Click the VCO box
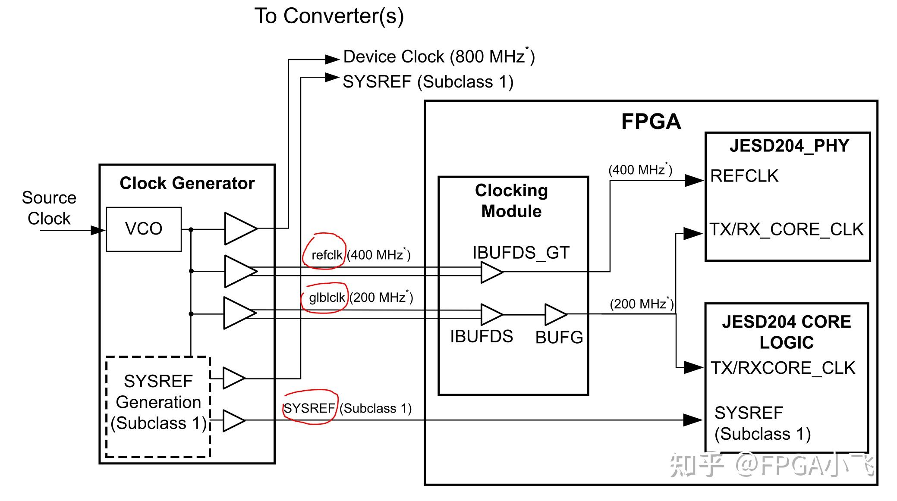144,229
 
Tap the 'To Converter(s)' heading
329,16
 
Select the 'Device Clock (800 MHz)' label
438,57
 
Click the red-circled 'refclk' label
327,255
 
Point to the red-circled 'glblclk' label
327,297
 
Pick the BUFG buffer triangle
555,314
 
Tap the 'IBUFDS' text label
482,336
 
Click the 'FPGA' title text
651,122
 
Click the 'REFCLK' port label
744,176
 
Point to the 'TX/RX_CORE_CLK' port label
787,229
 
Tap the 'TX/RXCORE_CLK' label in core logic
783,368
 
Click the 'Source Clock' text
49,208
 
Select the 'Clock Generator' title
187,183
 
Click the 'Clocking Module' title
511,201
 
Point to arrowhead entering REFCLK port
695,180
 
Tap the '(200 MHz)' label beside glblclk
381,297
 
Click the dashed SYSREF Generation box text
158,402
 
